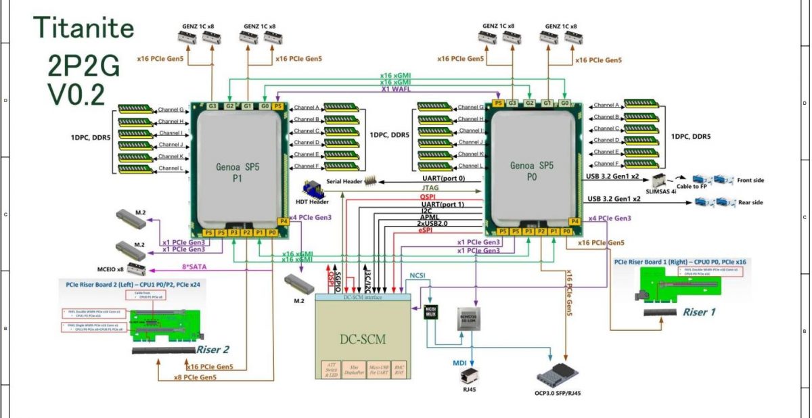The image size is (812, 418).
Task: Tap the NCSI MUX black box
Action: coord(430,314)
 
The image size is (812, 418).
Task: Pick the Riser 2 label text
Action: coord(214,350)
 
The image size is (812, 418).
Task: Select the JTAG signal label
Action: coord(430,189)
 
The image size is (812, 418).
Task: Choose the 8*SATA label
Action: coord(195,267)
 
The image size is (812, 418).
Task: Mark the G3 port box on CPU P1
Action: coord(212,106)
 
